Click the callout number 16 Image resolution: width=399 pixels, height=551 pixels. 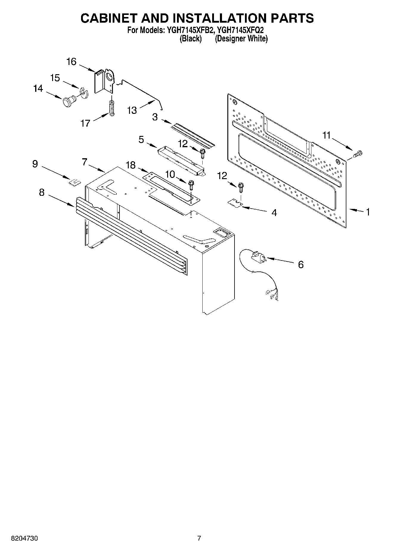[x=71, y=62]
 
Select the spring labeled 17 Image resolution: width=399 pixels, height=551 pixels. [x=112, y=108]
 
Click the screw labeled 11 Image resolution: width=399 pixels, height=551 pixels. [x=358, y=154]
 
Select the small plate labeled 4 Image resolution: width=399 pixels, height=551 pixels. [x=235, y=203]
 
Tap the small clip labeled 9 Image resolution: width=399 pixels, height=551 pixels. [x=75, y=181]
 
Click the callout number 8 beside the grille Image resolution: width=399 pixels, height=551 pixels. [x=41, y=193]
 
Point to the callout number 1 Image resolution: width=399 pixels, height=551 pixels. [x=368, y=212]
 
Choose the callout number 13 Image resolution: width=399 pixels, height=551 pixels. [x=132, y=110]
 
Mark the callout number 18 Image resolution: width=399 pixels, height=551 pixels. [x=131, y=165]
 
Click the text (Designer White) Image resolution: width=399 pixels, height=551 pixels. [x=241, y=39]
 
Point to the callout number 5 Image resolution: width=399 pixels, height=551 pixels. [x=141, y=139]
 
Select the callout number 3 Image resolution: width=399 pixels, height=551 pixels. [x=155, y=117]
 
